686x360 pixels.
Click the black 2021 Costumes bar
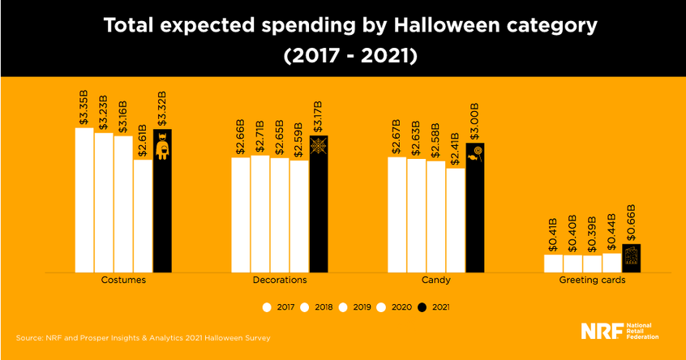[162, 203]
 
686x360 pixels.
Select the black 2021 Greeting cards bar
[631, 258]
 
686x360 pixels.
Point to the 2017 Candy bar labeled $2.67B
[397, 214]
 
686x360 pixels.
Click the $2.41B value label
[456, 148]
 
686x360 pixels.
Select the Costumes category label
[123, 280]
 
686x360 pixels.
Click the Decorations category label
[279, 280]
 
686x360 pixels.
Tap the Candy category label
[435, 280]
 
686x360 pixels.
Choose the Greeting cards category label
[592, 280]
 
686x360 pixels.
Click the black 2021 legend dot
[422, 307]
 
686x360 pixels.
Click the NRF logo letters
[601, 331]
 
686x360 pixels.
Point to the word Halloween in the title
[444, 26]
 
